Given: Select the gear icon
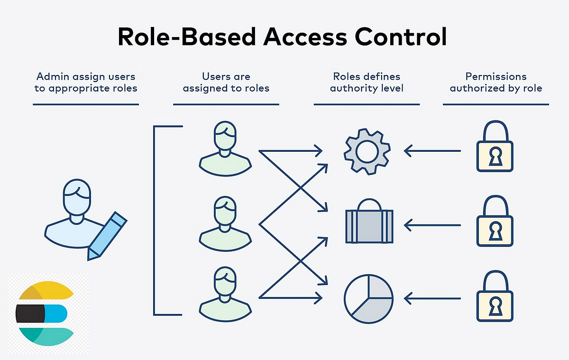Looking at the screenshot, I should coord(367,151).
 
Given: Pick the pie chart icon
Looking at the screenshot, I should coord(368,298).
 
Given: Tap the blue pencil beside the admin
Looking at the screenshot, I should coord(107,236).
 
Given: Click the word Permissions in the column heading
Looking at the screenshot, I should coord(496,76).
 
